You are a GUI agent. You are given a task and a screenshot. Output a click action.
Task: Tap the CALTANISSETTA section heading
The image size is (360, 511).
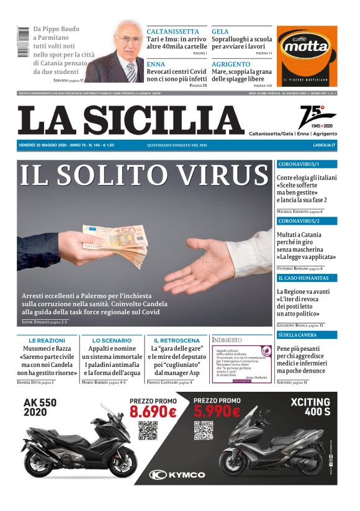point(173,31)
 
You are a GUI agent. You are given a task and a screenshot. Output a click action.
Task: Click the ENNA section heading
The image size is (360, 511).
point(156,64)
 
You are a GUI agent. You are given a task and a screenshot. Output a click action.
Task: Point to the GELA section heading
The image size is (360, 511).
point(220,31)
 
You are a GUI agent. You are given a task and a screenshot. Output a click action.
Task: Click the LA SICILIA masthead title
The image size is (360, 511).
point(131,120)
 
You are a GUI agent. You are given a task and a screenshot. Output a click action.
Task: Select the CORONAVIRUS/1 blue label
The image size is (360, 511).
point(299,165)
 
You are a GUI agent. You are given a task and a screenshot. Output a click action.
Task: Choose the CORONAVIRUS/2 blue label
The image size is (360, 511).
point(299,221)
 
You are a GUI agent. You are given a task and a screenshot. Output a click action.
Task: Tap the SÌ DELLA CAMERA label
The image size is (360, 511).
point(300,335)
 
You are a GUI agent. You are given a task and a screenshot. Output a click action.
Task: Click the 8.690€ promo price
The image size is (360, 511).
point(153,412)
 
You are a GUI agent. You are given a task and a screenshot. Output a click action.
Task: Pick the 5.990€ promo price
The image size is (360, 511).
point(217,412)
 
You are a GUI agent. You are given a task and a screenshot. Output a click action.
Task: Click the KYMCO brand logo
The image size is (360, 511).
point(178,474)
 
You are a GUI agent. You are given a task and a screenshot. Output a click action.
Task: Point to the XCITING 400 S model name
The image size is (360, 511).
point(310,407)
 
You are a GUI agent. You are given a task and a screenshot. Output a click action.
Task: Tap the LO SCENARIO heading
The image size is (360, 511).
point(112,340)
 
